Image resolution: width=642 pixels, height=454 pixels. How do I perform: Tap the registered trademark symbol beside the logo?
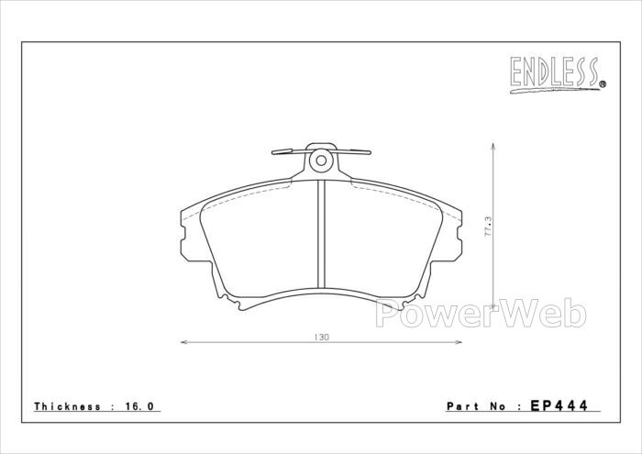pyautogui.click(x=603, y=84)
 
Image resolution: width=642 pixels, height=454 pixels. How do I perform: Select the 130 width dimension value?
pyautogui.click(x=321, y=338)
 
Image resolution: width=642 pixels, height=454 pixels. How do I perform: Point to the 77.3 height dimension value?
pyautogui.click(x=487, y=227)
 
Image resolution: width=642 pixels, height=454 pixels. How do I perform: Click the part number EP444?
pyautogui.click(x=559, y=405)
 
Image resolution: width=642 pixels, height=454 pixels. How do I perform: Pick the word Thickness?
pyautogui.click(x=67, y=406)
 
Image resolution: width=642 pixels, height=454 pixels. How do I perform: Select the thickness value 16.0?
pyautogui.click(x=138, y=406)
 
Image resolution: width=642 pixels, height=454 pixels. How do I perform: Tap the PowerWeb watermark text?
pyautogui.click(x=481, y=314)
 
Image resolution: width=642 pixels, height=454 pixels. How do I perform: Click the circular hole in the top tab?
pyautogui.click(x=321, y=161)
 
